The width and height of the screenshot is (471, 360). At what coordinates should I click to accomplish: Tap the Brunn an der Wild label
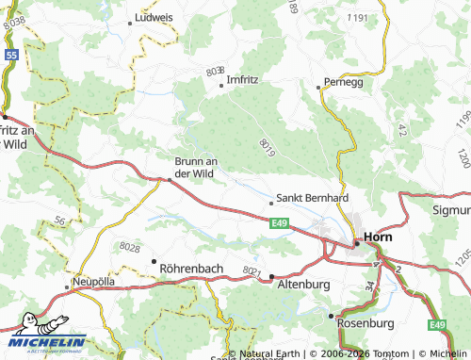(x=196, y=167)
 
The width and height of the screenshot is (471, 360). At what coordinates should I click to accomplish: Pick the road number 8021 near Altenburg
(x=252, y=270)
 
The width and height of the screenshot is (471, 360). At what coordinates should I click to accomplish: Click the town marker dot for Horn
(x=357, y=243)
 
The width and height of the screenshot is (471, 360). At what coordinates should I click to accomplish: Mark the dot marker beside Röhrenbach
(x=154, y=260)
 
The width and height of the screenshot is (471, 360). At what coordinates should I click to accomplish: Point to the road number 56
(x=59, y=221)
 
